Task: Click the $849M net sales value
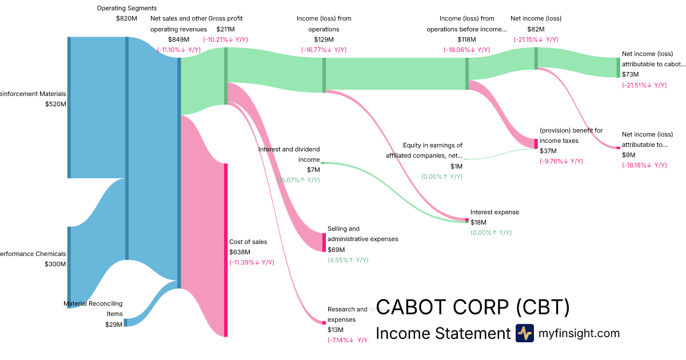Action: pyautogui.click(x=178, y=39)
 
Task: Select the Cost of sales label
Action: pyautogui.click(x=248, y=242)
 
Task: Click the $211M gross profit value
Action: pyautogui.click(x=225, y=29)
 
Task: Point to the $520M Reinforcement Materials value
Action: pyautogui.click(x=55, y=104)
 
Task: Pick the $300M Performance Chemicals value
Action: pyautogui.click(x=55, y=264)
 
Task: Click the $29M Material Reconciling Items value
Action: pyautogui.click(x=114, y=324)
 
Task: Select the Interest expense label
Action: pyautogui.click(x=494, y=212)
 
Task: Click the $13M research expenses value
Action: pyautogui.click(x=336, y=330)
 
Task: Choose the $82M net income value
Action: pyautogui.click(x=536, y=29)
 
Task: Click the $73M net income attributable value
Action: pyautogui.click(x=630, y=74)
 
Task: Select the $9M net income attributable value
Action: pyautogui.click(x=628, y=155)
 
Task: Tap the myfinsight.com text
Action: pyautogui.click(x=579, y=333)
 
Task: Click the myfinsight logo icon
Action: pyautogui.click(x=524, y=333)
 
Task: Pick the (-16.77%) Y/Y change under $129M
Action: pyautogui.click(x=324, y=50)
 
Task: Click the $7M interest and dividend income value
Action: pyautogui.click(x=313, y=170)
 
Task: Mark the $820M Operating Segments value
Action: pyautogui.click(x=126, y=18)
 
